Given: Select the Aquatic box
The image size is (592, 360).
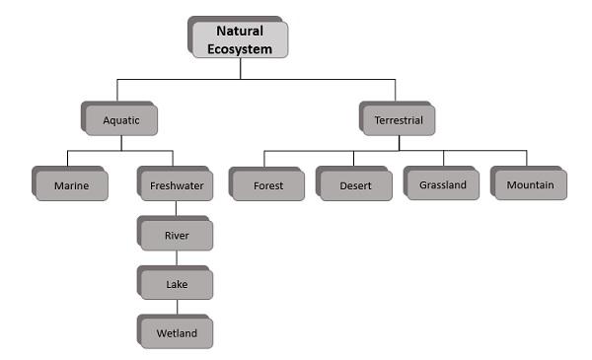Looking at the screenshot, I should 121,120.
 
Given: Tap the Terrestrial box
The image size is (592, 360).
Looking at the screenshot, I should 398,120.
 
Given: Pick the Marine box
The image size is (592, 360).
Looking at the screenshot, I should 70,184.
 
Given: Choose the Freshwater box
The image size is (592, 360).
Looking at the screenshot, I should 176,184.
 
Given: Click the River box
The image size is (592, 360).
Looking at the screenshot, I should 176,235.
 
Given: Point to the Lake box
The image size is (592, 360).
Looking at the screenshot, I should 176,284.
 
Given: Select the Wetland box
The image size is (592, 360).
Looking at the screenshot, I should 176,332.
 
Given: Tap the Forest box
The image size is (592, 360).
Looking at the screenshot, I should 267,184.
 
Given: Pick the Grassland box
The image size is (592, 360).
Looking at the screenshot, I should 442,184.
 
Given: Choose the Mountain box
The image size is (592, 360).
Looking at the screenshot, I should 530,184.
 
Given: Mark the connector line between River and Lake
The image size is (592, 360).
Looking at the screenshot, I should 177,258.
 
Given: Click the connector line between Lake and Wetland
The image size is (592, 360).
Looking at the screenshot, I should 177,308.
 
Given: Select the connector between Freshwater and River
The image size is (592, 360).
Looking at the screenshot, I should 176,209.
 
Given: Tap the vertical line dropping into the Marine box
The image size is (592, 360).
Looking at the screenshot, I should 67,159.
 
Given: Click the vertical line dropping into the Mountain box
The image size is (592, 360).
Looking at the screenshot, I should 526,159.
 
